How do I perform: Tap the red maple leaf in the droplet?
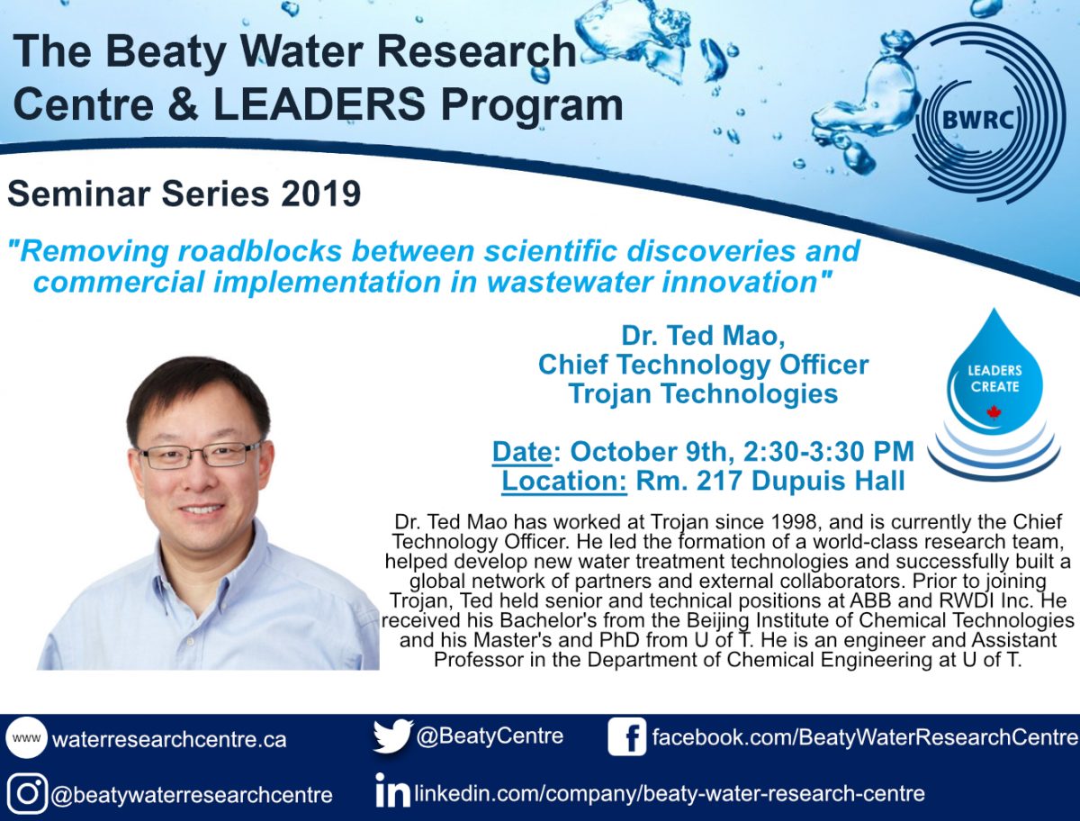[994, 412]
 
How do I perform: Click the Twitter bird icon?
[392, 735]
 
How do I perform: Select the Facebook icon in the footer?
[626, 736]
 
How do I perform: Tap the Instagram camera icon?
[27, 793]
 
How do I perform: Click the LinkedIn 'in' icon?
[392, 790]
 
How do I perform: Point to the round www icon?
[27, 737]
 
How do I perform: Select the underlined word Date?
[522, 452]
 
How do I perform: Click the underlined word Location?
[564, 481]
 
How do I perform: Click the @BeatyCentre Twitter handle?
[490, 736]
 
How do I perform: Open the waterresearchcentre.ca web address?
[169, 739]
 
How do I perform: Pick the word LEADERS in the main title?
[319, 104]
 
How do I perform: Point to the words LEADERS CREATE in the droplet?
[994, 378]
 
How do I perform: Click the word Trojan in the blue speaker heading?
[609, 393]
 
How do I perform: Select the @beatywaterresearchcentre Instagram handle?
[192, 795]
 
